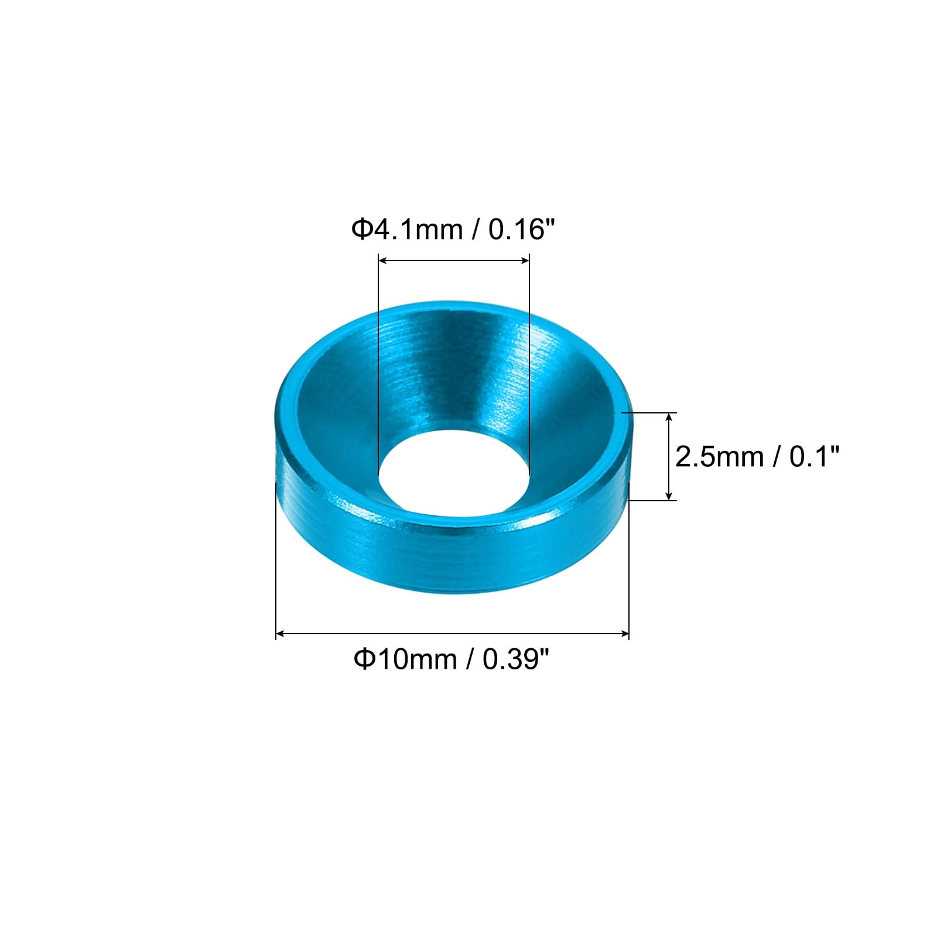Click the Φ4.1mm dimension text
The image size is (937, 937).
coord(406,229)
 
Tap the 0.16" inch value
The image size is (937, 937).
coord(521,228)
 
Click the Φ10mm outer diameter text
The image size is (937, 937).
coord(404,659)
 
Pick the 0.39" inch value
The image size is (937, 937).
coord(516,659)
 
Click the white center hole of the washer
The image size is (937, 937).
coord(454,473)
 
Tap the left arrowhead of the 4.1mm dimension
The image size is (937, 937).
coord(384,261)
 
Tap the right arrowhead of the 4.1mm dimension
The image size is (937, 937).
coord(525,261)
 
